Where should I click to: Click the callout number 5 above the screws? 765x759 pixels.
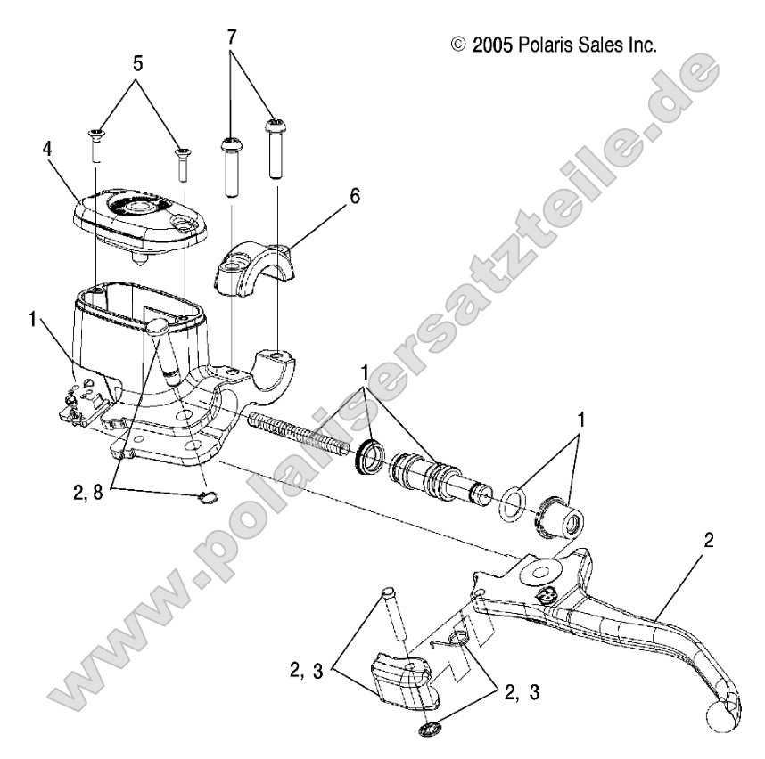tap(137, 64)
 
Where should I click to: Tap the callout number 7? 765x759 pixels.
tap(233, 37)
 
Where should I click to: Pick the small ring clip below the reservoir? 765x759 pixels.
tap(206, 497)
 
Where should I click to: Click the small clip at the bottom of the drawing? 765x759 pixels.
tap(430, 730)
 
